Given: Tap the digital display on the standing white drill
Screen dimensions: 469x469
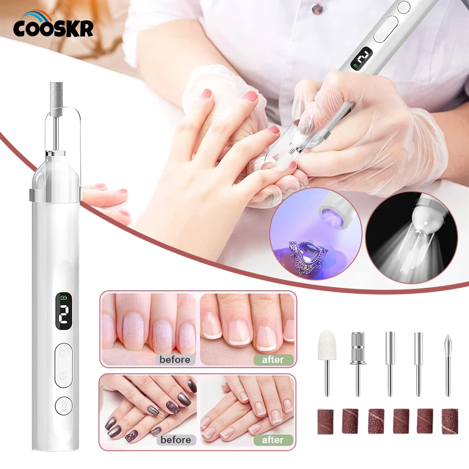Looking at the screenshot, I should point(64,311).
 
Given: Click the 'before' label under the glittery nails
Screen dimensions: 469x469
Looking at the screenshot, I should point(175,360).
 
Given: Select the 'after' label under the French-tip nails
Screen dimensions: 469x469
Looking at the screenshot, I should point(273,360).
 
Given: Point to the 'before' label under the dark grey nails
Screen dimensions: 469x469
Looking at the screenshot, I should point(175,439).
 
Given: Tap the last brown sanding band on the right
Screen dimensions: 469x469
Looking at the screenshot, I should point(449,421).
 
